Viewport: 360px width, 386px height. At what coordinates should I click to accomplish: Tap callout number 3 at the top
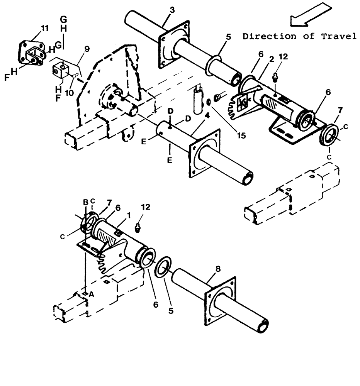172,9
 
